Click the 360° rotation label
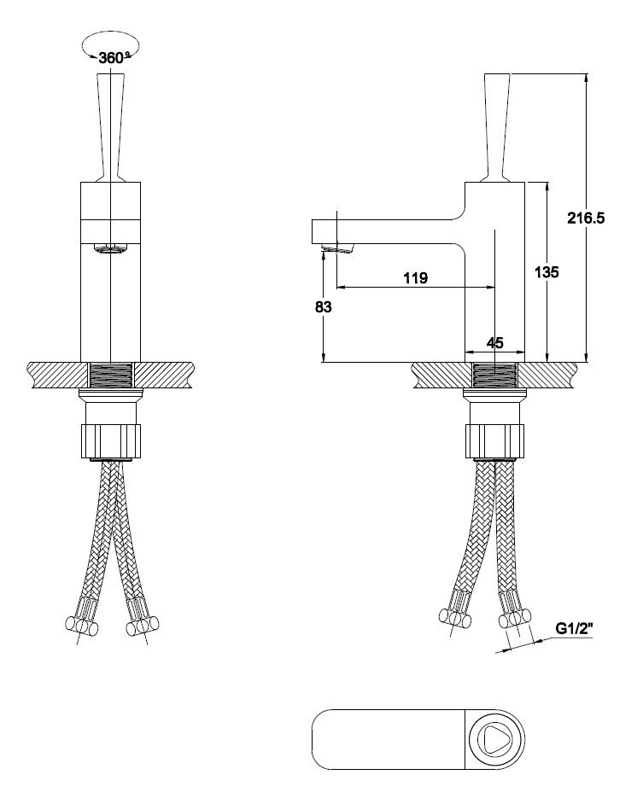pyautogui.click(x=113, y=57)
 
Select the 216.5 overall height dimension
pyautogui.click(x=586, y=218)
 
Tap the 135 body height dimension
pyautogui.click(x=547, y=272)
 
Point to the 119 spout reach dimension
pyautogui.click(x=415, y=278)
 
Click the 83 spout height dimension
pyautogui.click(x=324, y=307)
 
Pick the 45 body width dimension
pyautogui.click(x=495, y=343)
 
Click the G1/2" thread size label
pyautogui.click(x=575, y=628)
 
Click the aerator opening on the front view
pyautogui.click(x=110, y=249)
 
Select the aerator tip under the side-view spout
pyautogui.click(x=338, y=249)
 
